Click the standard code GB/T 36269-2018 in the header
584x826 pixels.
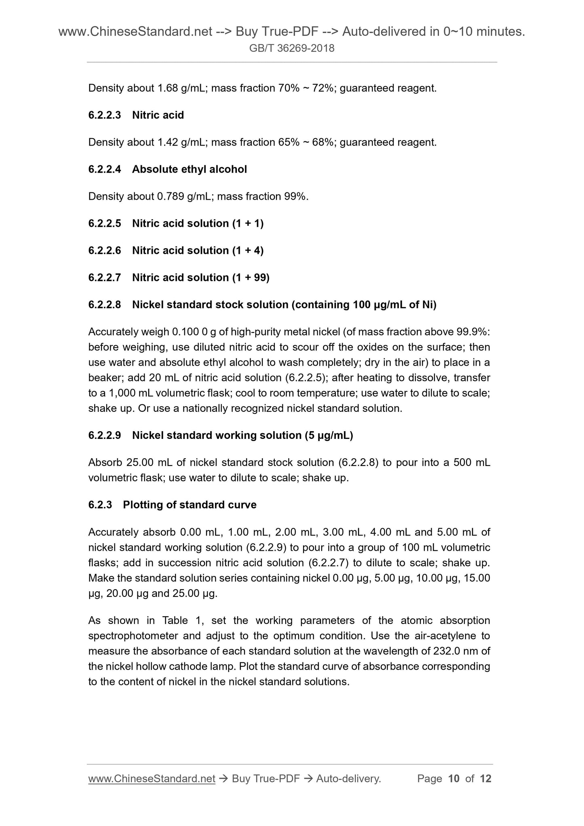coord(292,48)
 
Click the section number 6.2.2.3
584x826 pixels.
coord(105,115)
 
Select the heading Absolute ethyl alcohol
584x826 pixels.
coord(189,169)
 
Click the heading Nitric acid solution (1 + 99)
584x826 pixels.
coord(200,278)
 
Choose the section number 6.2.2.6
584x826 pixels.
coord(105,251)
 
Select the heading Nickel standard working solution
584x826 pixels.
coord(216,436)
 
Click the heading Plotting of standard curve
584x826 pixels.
coord(190,505)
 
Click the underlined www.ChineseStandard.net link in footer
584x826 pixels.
coord(152,779)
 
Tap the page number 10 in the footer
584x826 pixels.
coord(454,779)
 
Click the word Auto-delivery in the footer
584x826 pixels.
coord(348,779)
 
